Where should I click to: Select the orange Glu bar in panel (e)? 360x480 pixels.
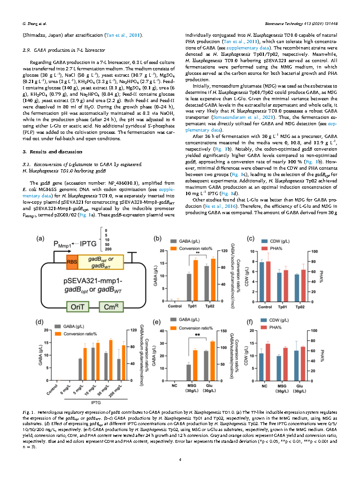pos(213,360)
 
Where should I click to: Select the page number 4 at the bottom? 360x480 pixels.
pos(180,460)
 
